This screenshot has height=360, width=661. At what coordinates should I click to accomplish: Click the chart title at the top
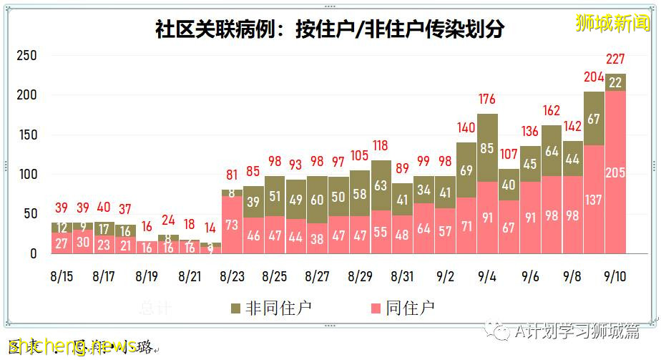point(330,29)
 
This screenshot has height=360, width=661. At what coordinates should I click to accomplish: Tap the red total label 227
point(616,59)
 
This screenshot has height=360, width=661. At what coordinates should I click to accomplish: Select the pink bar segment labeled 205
point(616,172)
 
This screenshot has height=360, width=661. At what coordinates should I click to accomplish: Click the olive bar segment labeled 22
point(616,82)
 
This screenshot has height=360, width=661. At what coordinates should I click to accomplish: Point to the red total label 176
point(487,99)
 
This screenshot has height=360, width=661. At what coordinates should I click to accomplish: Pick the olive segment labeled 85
point(487,149)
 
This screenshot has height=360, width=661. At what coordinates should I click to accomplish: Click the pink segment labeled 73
point(232,225)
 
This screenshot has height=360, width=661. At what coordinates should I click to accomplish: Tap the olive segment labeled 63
point(381,185)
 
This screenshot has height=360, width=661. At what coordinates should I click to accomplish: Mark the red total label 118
point(381,146)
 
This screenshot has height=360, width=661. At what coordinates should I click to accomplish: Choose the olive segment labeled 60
point(317,200)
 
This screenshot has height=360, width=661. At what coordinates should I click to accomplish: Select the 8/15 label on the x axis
point(62,276)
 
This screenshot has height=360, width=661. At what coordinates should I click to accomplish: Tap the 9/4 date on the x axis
point(487,276)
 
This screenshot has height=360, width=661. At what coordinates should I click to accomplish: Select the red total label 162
point(551,111)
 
